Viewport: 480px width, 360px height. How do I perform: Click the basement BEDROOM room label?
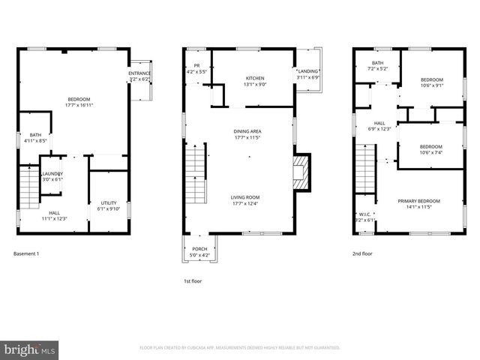(79, 100)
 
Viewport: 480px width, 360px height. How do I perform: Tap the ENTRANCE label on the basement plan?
(139, 73)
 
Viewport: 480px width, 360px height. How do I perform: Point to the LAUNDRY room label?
(52, 174)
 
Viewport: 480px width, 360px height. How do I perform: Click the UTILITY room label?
(109, 203)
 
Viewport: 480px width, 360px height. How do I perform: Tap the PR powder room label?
(196, 66)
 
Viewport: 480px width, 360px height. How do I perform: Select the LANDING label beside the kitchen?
(307, 71)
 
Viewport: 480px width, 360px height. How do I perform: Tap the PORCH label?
(199, 249)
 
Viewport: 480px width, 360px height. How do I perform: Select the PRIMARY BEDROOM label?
(419, 201)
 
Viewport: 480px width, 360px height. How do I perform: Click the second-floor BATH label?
(377, 63)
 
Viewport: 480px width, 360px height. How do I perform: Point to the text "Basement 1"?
(26, 253)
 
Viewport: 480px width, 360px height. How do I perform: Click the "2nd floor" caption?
(362, 253)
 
